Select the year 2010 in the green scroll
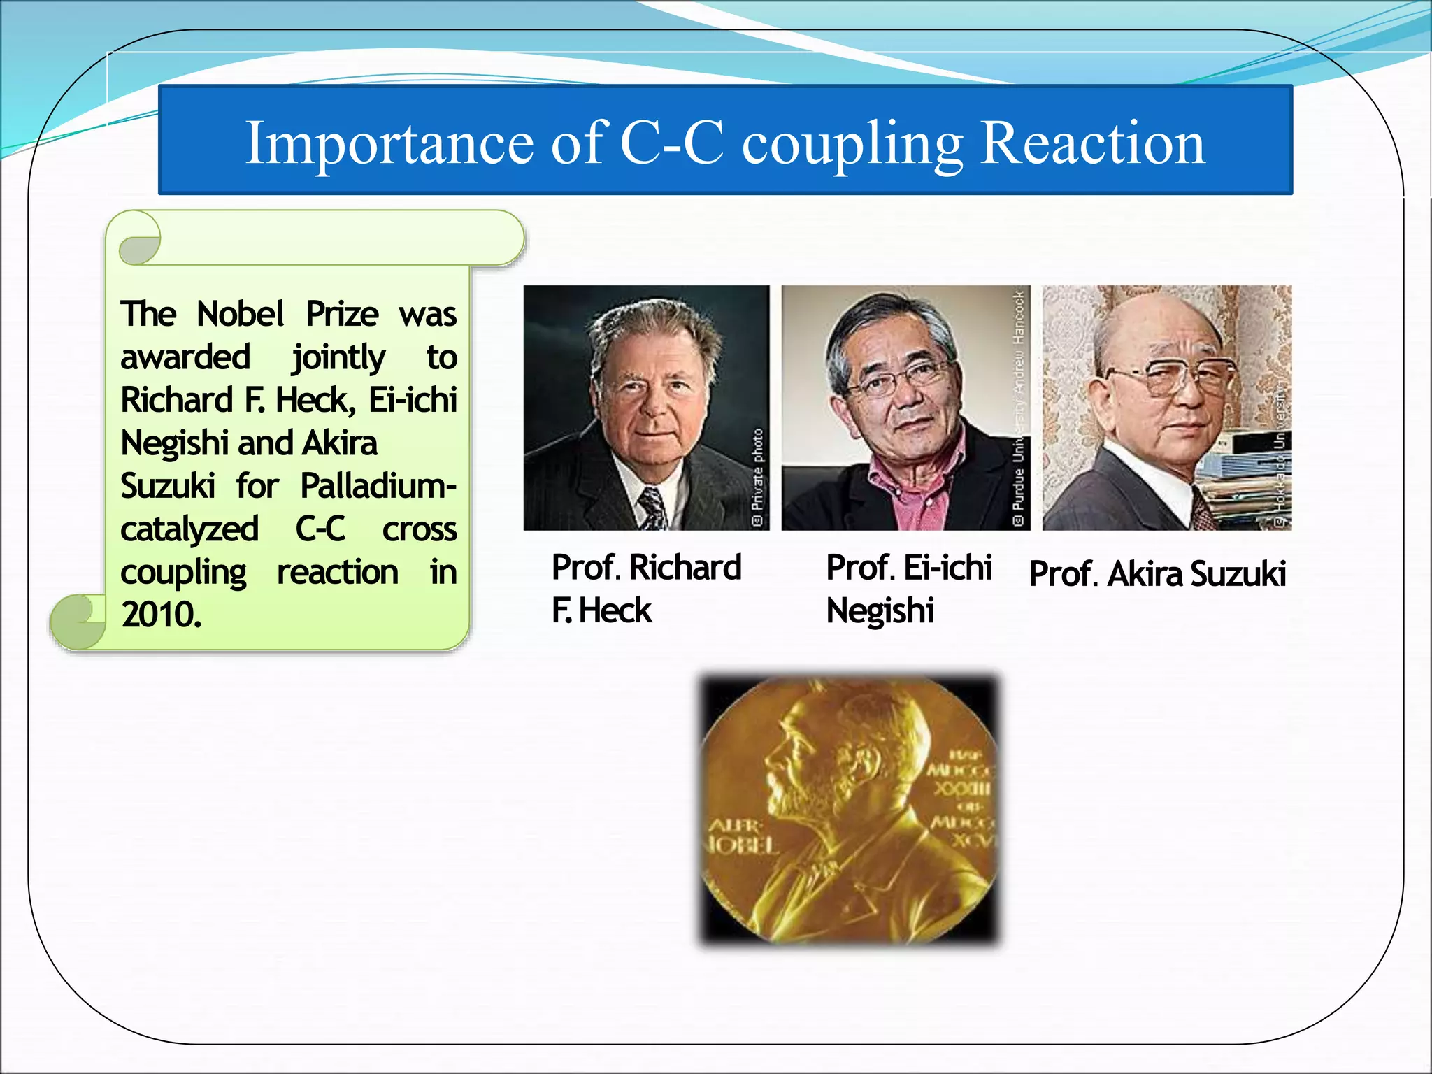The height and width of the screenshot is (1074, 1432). [161, 615]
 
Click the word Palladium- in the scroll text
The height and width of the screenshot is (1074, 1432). [378, 486]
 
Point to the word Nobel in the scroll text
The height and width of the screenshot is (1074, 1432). [240, 314]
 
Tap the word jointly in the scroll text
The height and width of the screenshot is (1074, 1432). [338, 358]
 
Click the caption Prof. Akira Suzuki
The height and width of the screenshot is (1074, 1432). [1157, 574]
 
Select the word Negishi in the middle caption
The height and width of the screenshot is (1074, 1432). [880, 611]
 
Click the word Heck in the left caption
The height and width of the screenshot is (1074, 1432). [615, 611]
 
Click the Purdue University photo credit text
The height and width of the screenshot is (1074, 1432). [1019, 420]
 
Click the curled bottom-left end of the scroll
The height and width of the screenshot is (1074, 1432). [77, 620]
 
